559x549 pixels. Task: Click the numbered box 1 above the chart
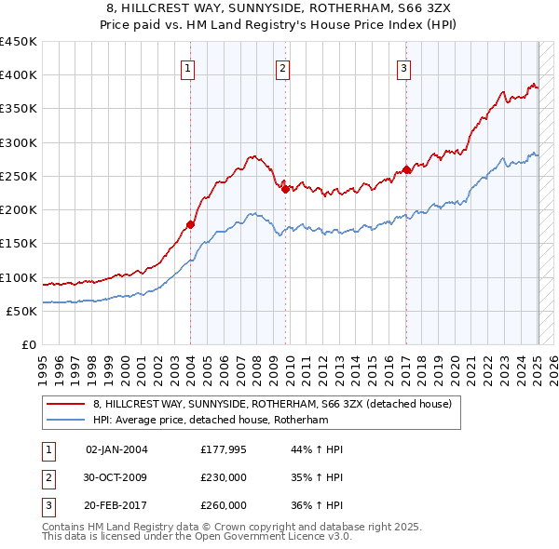pos(187,67)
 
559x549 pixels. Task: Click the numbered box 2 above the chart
pos(282,67)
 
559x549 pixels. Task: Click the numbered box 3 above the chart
pos(404,67)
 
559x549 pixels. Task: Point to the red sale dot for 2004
pos(190,223)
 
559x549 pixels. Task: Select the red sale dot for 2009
pos(286,189)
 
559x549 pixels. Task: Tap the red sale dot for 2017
pos(406,169)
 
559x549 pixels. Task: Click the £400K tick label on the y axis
pos(19,75)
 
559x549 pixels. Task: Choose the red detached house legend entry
pos(272,404)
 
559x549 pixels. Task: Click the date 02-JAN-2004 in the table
pos(116,449)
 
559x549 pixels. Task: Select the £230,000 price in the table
pos(224,477)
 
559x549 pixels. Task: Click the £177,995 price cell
pos(224,449)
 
